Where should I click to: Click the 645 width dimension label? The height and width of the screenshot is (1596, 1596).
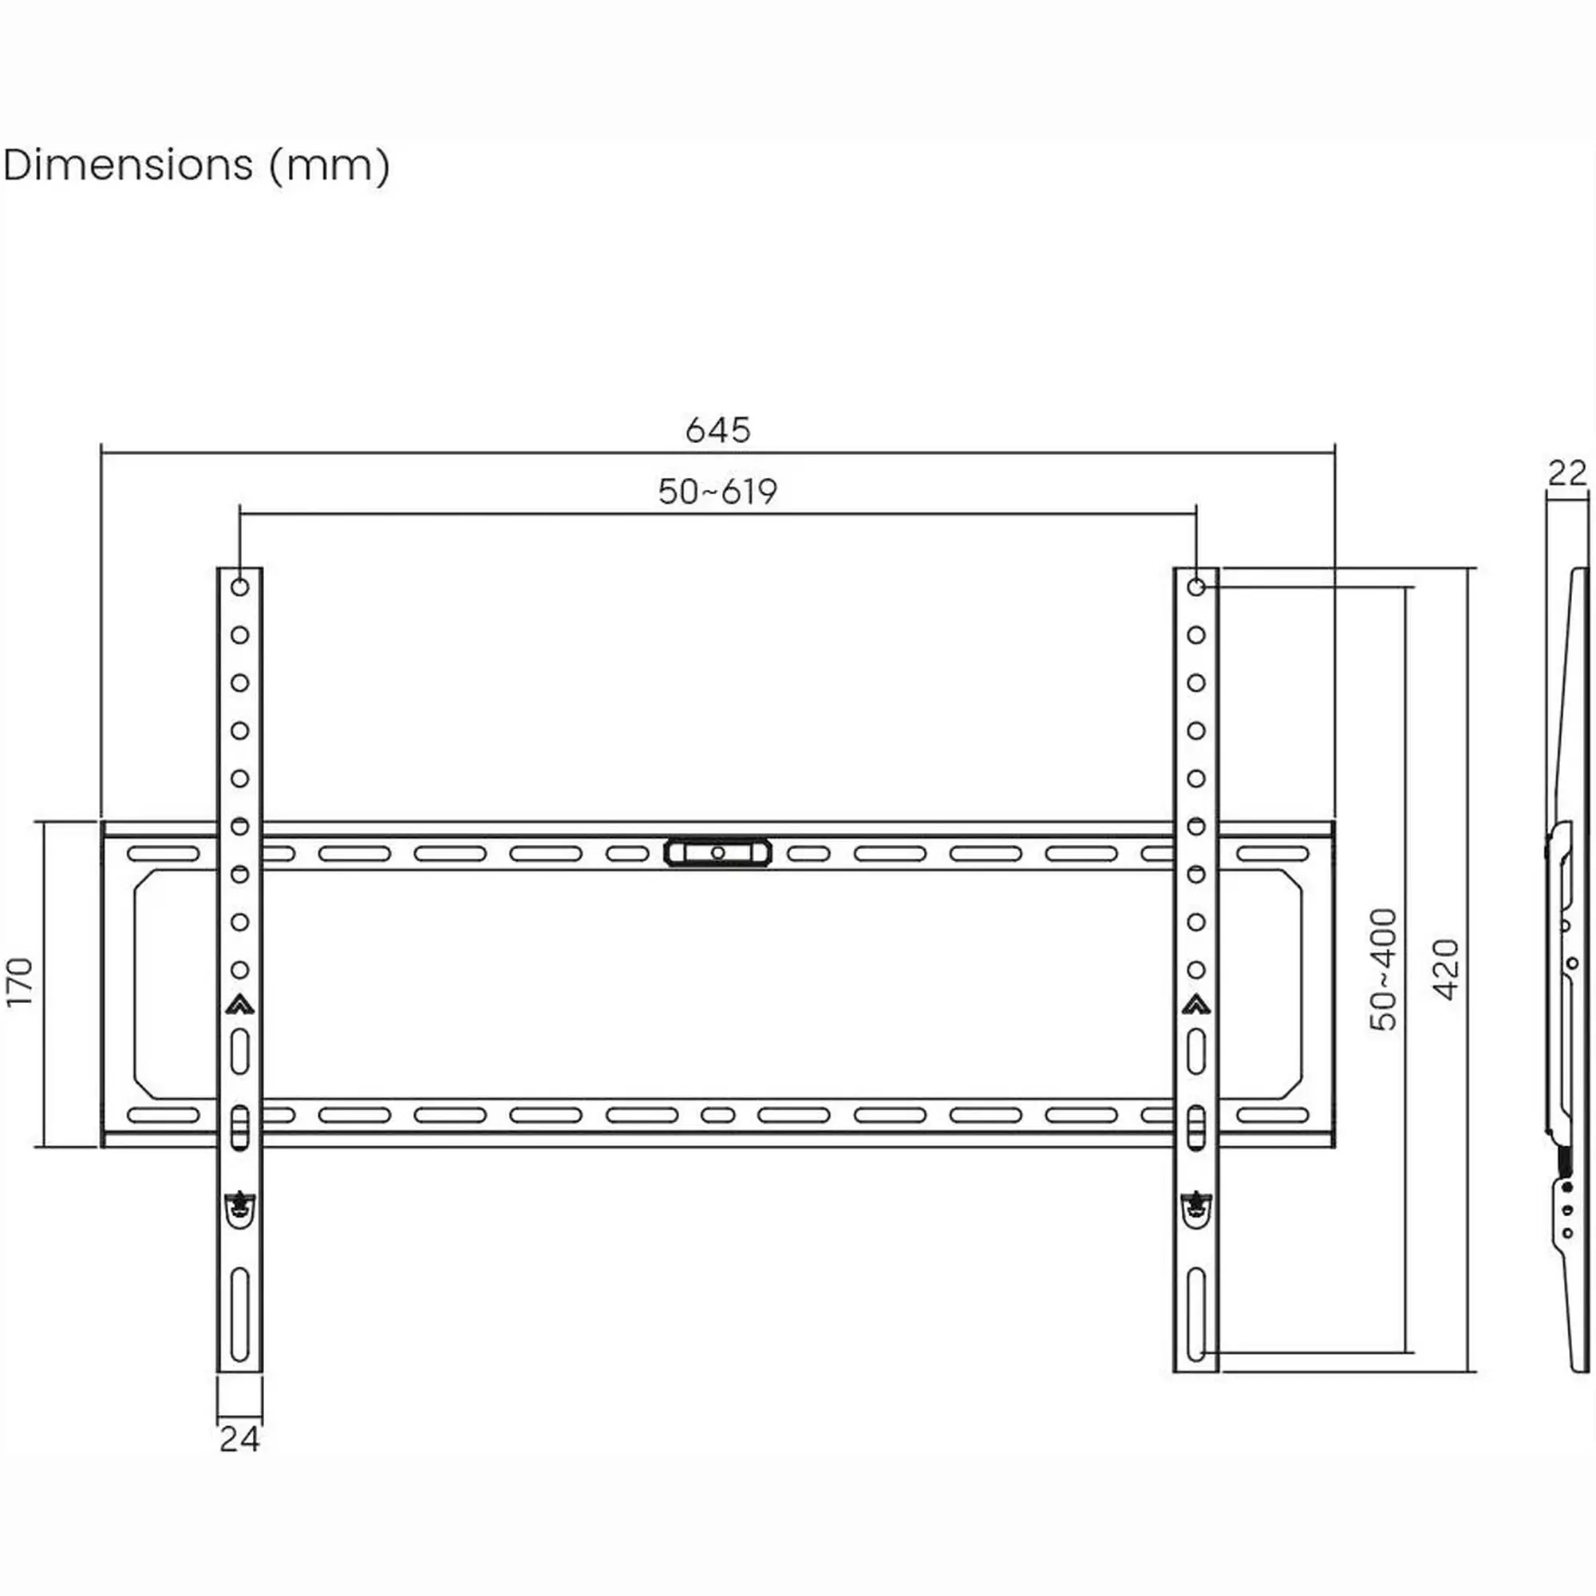[x=717, y=429]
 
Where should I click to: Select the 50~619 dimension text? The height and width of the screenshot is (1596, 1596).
[x=717, y=492]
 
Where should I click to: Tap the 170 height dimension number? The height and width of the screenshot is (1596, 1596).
[x=20, y=982]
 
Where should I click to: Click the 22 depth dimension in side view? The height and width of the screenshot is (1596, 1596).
[x=1567, y=474]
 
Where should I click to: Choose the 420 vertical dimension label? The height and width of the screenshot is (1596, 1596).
[x=1446, y=969]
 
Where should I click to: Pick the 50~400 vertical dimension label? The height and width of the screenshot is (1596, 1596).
[x=1383, y=969]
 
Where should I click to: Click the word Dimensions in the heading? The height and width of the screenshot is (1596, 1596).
[x=128, y=165]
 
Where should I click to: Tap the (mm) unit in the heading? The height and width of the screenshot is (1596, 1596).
[x=329, y=165]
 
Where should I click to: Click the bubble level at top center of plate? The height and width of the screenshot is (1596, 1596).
[x=717, y=852]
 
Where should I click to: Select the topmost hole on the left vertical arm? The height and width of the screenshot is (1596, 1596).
[x=239, y=587]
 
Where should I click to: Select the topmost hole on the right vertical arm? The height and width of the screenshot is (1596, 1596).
[x=1195, y=587]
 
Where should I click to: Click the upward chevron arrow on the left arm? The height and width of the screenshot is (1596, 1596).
[x=239, y=1005]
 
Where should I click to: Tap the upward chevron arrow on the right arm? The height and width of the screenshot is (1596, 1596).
[x=1195, y=1005]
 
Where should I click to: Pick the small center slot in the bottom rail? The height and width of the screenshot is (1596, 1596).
[x=717, y=1116]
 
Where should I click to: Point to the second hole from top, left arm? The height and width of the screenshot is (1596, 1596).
[x=239, y=635]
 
